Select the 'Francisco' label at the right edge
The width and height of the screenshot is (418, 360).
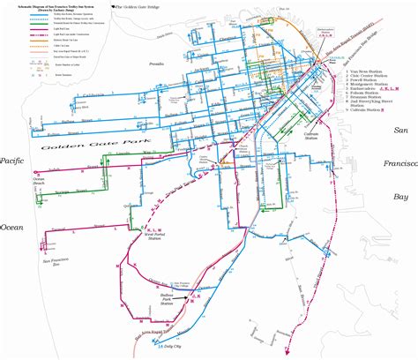[400, 163]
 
